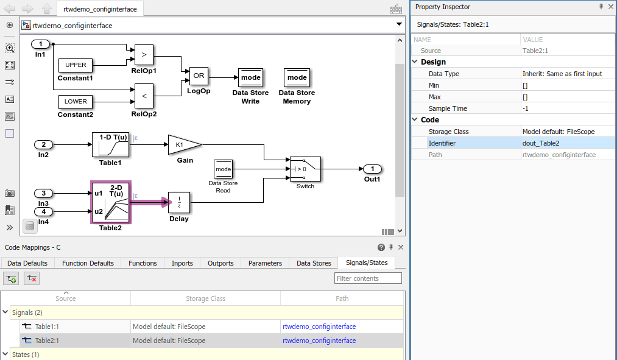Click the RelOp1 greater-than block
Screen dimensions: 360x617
pyautogui.click(x=144, y=54)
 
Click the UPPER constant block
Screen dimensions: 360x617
pyautogui.click(x=76, y=65)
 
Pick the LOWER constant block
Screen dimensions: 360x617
pyautogui.click(x=76, y=102)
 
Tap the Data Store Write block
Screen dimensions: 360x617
pyautogui.click(x=250, y=78)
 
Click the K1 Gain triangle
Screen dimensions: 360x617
pyautogui.click(x=183, y=145)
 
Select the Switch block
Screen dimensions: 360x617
pyautogui.click(x=305, y=169)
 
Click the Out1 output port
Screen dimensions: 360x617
pyautogui.click(x=372, y=169)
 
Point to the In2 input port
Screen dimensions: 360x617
pyautogui.click(x=43, y=145)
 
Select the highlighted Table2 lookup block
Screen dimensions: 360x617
pyautogui.click(x=111, y=202)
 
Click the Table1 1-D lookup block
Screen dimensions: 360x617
pyautogui.click(x=111, y=145)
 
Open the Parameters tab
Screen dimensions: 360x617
pyautogui.click(x=265, y=263)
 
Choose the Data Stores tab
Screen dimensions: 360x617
pyautogui.click(x=314, y=263)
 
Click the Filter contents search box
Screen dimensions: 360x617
pyautogui.click(x=368, y=278)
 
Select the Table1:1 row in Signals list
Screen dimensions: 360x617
pyautogui.click(x=47, y=326)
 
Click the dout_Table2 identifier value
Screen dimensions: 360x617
pyautogui.click(x=541, y=143)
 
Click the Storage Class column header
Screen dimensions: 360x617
pyautogui.click(x=205, y=298)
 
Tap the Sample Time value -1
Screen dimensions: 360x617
pyautogui.click(x=526, y=108)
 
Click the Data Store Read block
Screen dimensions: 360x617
pyautogui.click(x=224, y=169)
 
